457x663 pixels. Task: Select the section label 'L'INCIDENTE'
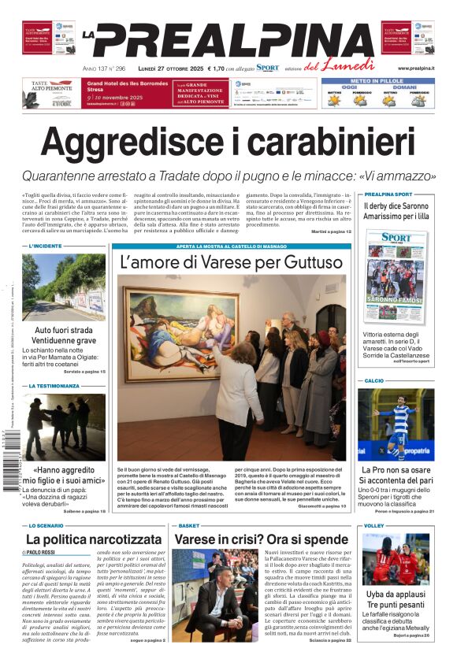click(x=45, y=246)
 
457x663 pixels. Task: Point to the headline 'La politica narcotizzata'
click(x=94, y=539)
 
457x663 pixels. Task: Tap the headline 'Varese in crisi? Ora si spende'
click(x=262, y=539)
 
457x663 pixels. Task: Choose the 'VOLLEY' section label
click(x=373, y=525)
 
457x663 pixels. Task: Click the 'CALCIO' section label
click(x=373, y=380)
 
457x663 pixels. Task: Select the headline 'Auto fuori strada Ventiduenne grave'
click(x=65, y=335)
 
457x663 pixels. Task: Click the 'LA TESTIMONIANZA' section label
click(x=54, y=387)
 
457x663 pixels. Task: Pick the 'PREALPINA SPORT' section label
click(x=388, y=194)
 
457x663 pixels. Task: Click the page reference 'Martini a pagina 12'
click(x=331, y=231)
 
